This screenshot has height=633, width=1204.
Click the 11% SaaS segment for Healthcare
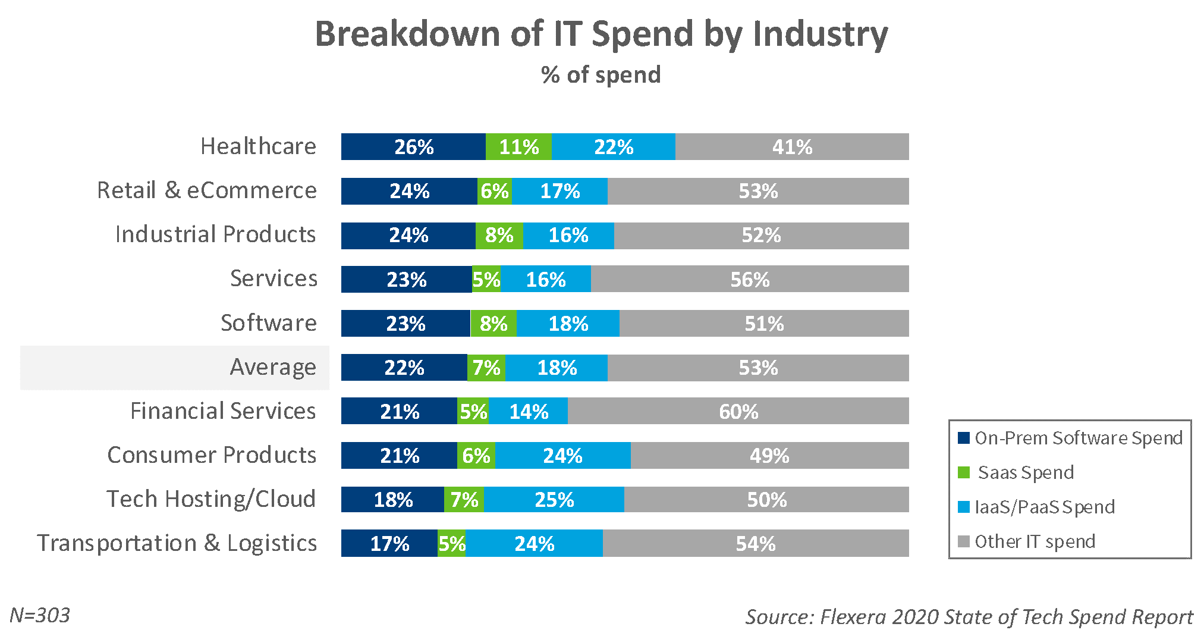(518, 147)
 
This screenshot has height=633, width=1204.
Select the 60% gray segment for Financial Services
(738, 411)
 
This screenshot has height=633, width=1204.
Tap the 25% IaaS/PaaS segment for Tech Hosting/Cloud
(554, 500)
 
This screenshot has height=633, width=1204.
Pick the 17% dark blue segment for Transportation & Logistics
(389, 544)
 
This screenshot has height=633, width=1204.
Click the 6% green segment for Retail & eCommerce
(495, 192)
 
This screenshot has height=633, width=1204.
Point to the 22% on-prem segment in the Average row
(404, 368)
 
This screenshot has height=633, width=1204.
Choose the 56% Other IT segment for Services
(749, 280)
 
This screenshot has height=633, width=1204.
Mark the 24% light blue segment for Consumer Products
(562, 456)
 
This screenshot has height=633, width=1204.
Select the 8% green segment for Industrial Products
(499, 236)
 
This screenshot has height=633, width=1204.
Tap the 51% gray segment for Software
(763, 324)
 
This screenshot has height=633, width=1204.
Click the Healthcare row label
(258, 146)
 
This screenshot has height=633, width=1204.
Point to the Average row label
(273, 368)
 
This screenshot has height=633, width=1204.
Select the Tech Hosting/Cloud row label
(211, 499)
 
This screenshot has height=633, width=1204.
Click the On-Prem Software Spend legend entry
(1078, 438)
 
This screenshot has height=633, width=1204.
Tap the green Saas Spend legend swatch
(964, 472)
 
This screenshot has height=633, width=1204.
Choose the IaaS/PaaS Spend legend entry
(1044, 507)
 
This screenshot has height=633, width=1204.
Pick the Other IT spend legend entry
(1035, 541)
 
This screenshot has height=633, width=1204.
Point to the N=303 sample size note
(40, 615)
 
